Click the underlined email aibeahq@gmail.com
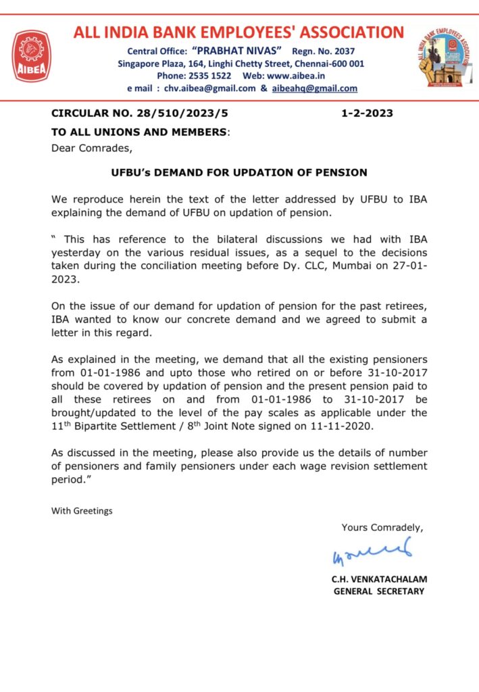[314, 88]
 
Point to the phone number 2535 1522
[209, 76]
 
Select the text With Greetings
[82, 511]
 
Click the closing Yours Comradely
[382, 527]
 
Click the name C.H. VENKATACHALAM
[379, 579]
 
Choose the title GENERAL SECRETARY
[379, 591]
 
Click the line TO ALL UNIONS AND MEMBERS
[140, 132]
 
